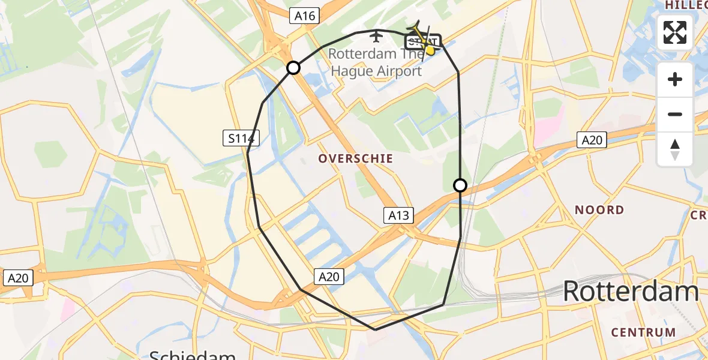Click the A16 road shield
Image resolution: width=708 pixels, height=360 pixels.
click(305, 16)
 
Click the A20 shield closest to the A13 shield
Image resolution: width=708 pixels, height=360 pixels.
click(328, 276)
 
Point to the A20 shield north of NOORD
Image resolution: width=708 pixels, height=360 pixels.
click(592, 140)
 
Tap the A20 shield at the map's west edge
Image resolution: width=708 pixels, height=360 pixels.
click(19, 278)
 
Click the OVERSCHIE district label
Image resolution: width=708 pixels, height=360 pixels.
click(356, 159)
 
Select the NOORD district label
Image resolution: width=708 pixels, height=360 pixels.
click(599, 210)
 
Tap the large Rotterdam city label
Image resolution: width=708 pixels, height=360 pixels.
click(630, 292)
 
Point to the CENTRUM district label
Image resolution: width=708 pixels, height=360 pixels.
click(643, 332)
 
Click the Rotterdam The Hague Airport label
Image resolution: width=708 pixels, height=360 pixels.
click(376, 62)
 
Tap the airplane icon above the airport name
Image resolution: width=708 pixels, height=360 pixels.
click(376, 37)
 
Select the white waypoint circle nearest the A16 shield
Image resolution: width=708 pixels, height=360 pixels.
click(293, 68)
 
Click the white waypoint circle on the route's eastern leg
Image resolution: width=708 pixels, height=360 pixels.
click(460, 185)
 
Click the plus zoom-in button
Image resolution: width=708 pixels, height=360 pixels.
click(675, 79)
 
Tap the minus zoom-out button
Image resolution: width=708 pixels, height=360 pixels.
click(675, 114)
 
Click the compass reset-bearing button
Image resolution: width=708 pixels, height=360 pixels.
click(675, 149)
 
